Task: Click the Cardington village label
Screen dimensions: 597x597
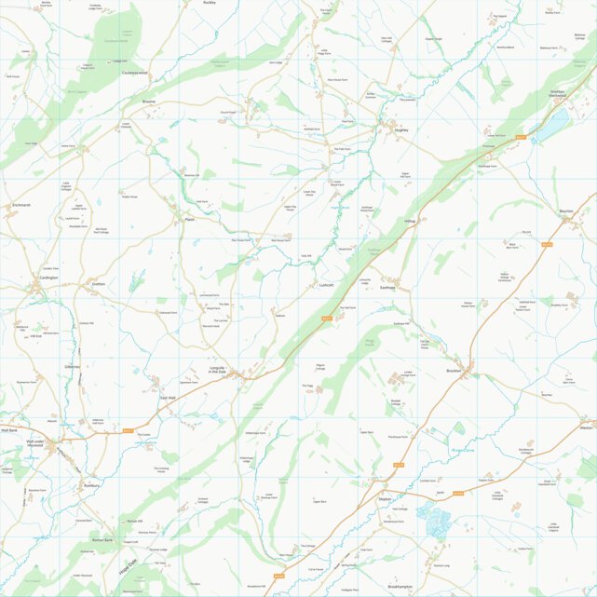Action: click(x=49, y=278)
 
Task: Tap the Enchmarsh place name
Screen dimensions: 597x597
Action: click(x=21, y=205)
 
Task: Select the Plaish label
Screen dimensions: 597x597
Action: click(x=189, y=220)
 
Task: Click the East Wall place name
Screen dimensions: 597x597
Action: click(x=168, y=398)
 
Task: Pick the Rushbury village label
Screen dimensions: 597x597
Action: click(x=90, y=485)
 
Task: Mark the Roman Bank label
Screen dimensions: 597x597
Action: click(x=102, y=540)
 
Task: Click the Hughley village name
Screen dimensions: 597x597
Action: click(x=401, y=131)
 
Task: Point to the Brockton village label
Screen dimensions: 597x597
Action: click(x=455, y=371)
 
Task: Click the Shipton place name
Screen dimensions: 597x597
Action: click(x=385, y=499)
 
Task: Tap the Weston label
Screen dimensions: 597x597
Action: click(x=585, y=427)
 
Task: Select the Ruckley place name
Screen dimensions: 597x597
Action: click(x=210, y=3)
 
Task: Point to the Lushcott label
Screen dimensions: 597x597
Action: click(x=326, y=285)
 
